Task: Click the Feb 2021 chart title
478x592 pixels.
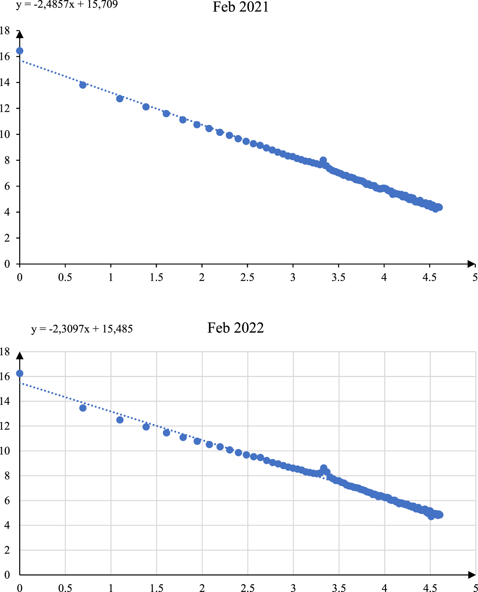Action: tap(240, 7)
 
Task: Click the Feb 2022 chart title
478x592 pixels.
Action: tap(235, 328)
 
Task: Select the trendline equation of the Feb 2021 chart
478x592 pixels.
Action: tap(67, 5)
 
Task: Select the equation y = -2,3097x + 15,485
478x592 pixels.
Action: tap(82, 329)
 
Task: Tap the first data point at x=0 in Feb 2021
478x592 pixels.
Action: tap(20, 51)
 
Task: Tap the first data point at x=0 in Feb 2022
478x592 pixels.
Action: tap(20, 373)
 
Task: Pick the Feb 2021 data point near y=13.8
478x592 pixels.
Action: tap(83, 85)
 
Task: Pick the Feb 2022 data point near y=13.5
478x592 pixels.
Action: tap(83, 408)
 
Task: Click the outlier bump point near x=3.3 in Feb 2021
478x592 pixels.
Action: tap(323, 160)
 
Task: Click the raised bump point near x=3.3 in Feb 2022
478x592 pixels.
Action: tap(324, 468)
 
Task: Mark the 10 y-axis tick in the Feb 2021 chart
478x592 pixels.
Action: tap(5, 134)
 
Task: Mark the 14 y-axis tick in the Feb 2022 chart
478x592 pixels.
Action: tap(5, 401)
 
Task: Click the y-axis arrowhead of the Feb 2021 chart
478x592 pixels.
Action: tap(20, 35)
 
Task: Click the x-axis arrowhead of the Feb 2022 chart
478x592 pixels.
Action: tap(472, 575)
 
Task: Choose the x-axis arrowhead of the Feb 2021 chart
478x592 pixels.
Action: tap(471, 263)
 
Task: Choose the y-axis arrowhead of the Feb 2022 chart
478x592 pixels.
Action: tap(20, 356)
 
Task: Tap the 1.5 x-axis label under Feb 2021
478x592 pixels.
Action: tap(156, 277)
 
